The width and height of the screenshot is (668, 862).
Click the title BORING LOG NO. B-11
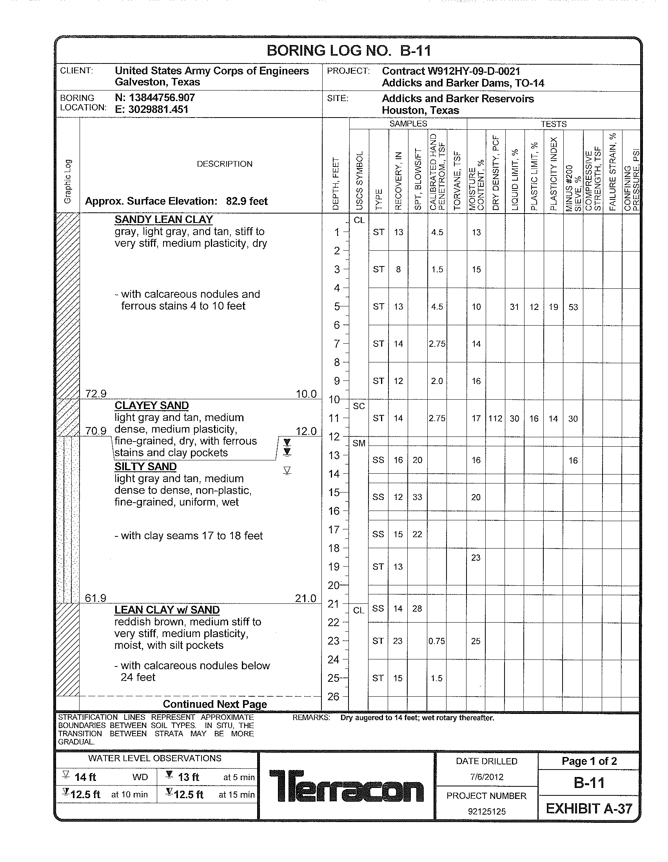point(349,51)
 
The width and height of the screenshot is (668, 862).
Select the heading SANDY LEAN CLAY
point(163,219)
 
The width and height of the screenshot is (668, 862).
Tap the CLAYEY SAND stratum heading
point(152,406)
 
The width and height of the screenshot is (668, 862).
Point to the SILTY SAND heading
point(145,467)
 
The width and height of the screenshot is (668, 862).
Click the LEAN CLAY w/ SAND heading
point(167,610)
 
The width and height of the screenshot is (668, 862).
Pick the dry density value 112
point(495,418)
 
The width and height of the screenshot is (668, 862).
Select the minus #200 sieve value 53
point(573,307)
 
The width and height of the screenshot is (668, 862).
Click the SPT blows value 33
point(417,497)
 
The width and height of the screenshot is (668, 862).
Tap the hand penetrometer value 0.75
point(437,641)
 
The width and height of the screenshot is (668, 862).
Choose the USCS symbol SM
point(359,443)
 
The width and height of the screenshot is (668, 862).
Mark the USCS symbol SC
point(359,406)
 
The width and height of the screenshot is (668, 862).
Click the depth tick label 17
point(334,529)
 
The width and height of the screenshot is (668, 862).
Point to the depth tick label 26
point(334,697)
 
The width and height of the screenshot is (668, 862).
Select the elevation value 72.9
point(96,393)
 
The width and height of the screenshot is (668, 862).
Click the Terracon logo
point(346,786)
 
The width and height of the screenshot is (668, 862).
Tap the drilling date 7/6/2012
point(486,777)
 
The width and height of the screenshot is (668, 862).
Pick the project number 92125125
point(486,811)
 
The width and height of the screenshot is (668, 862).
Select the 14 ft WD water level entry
point(105,777)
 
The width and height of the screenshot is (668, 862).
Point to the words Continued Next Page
point(215,704)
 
